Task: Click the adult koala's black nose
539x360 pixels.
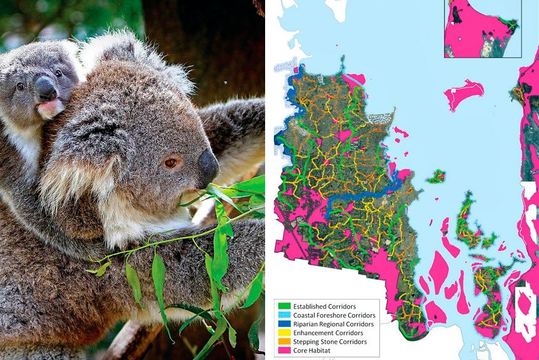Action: [208, 166]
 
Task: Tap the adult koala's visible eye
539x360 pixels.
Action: [170, 163]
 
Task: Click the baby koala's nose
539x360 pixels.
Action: [46, 88]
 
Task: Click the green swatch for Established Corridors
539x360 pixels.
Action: [284, 306]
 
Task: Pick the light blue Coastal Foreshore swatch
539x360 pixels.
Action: [284, 315]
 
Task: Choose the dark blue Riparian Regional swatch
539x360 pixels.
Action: [284, 324]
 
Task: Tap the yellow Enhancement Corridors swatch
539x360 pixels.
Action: [284, 333]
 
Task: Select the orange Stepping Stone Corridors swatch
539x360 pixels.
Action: [284, 342]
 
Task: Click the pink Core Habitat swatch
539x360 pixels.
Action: [284, 351]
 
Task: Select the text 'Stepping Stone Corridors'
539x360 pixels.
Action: [330, 342]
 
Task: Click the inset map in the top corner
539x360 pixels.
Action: [482, 28]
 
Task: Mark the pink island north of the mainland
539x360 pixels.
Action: [464, 93]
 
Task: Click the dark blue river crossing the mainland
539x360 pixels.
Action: [364, 197]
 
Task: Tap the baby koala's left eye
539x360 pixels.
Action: [21, 86]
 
